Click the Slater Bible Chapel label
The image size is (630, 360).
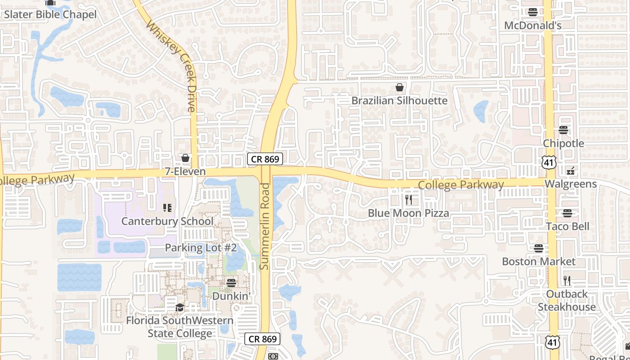pos(50,14)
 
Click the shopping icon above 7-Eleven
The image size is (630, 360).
pos(185,158)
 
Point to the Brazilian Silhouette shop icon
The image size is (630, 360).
pos(399,87)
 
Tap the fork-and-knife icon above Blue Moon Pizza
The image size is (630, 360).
pos(409,200)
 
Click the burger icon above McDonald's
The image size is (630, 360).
pos(533,12)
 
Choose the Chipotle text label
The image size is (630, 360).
pos(563,144)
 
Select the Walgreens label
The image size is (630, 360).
pos(571,184)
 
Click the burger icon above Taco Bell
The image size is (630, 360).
pos(567,213)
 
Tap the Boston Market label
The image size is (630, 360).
pos(539,261)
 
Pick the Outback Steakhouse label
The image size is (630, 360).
pos(567,301)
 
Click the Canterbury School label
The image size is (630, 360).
pos(167,221)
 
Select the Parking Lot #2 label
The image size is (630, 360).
pos(201,247)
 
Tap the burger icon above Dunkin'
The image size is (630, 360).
pos(231,283)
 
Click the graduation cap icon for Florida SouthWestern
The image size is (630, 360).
pos(180,307)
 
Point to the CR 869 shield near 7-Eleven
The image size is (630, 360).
pos(265,158)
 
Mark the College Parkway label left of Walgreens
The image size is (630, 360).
pos(461,184)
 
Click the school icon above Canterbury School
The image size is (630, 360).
pos(167,207)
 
